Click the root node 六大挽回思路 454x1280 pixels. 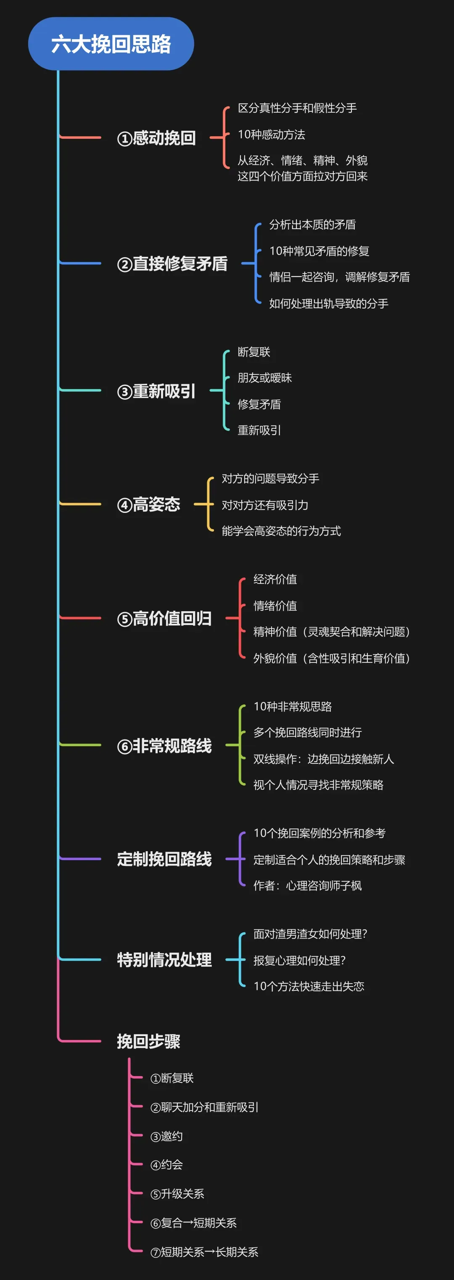click(111, 44)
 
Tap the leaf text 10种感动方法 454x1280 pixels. click(271, 135)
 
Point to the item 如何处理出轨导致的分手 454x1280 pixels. click(328, 304)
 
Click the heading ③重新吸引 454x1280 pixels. click(156, 391)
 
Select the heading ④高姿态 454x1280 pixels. click(148, 504)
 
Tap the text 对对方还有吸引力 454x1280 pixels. click(265, 505)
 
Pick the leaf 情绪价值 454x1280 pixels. click(275, 606)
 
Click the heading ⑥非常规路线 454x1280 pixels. click(164, 745)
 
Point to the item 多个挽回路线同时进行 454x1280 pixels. click(307, 732)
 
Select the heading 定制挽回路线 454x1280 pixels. click(164, 859)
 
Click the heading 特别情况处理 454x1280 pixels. click(164, 960)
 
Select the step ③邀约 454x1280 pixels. click(166, 1136)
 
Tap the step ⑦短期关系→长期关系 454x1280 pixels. click(204, 1252)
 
